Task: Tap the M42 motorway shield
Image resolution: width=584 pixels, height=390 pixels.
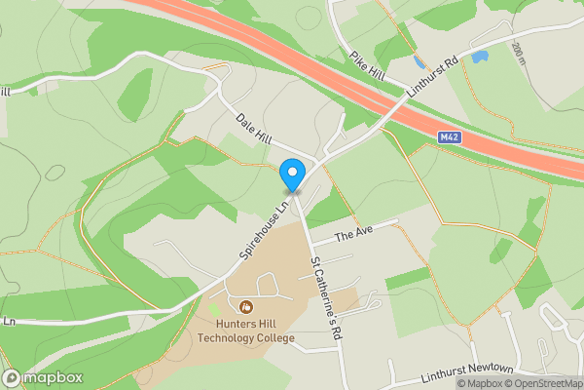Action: click(x=449, y=136)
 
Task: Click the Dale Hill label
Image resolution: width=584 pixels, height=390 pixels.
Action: click(x=254, y=132)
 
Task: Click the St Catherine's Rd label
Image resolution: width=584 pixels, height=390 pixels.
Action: click(x=327, y=298)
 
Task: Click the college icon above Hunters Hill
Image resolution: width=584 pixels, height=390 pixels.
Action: click(x=245, y=307)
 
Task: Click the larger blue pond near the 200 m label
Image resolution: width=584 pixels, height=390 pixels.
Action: click(x=479, y=57)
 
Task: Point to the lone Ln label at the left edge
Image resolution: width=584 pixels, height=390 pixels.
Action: click(x=9, y=321)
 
